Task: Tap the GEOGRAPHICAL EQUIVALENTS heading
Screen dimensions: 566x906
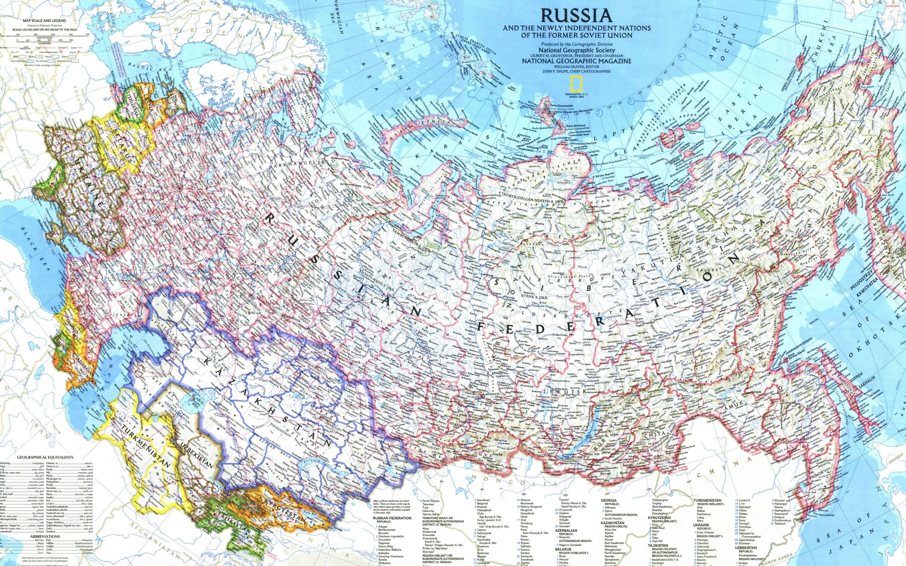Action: (x=45, y=457)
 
